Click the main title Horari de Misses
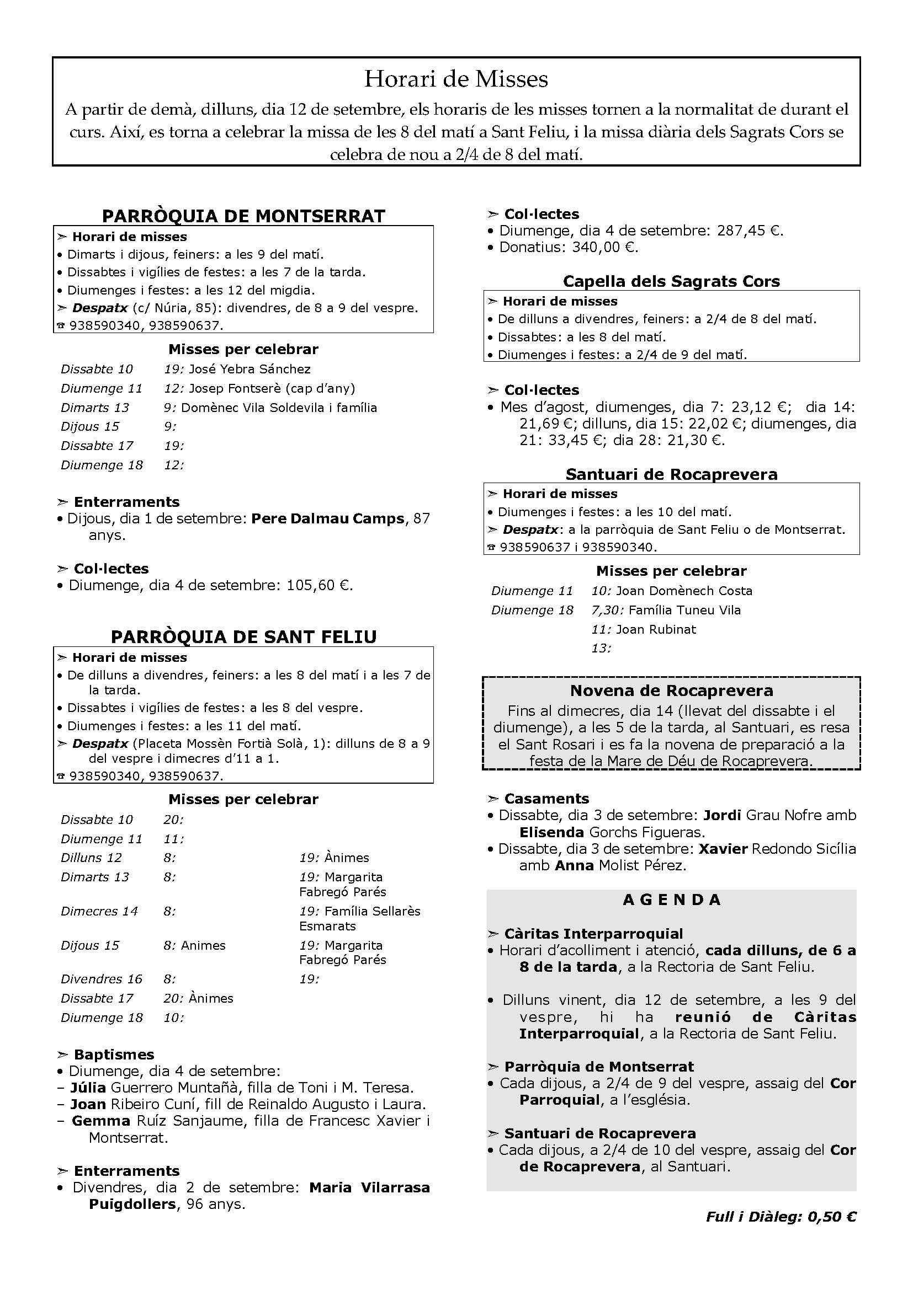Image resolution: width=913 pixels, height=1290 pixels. click(456, 79)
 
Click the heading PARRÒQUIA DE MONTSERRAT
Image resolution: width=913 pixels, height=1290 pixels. click(243, 216)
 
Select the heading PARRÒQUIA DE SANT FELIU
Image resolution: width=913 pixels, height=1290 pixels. click(243, 636)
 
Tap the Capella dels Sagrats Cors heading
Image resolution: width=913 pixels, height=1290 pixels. click(671, 281)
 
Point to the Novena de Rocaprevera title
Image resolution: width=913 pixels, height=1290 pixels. click(671, 691)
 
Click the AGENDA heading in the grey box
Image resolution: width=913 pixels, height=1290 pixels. click(671, 900)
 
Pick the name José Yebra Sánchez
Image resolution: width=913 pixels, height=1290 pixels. click(250, 369)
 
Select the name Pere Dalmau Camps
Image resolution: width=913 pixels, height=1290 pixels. click(328, 518)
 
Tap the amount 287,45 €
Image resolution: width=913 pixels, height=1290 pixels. click(750, 231)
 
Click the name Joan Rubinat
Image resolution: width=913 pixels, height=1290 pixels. click(656, 629)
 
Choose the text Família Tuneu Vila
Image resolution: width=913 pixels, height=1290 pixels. click(684, 610)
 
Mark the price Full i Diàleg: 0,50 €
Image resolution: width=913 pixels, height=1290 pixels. click(781, 1217)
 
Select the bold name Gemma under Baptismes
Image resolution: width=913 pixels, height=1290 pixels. click(101, 1121)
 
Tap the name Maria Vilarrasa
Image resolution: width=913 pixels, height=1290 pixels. click(369, 1188)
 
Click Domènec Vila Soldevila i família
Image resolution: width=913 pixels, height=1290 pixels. click(279, 408)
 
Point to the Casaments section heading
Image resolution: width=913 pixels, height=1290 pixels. click(546, 799)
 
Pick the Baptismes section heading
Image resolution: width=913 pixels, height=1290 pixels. click(114, 1055)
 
